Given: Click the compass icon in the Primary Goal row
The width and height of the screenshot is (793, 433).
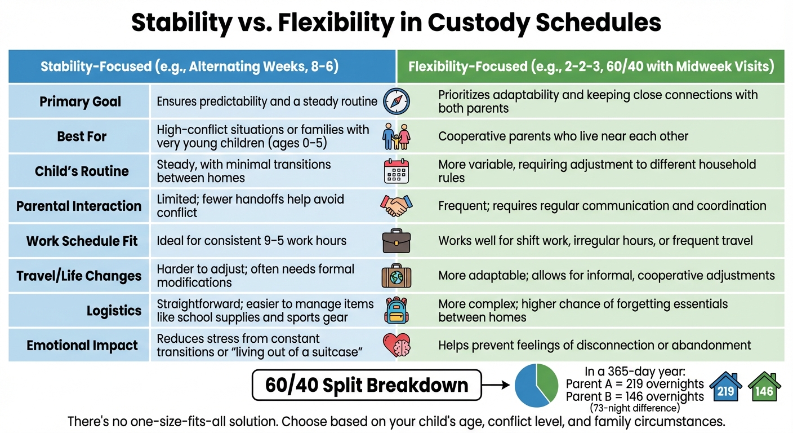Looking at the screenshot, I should coord(396,102).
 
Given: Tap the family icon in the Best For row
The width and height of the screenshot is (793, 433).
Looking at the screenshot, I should coord(396,137).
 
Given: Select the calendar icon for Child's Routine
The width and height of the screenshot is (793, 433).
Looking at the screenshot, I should coord(396,171).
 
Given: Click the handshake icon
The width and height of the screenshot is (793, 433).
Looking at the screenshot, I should coord(396,206).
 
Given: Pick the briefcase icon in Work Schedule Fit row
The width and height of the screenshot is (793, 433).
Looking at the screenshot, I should coord(396,241).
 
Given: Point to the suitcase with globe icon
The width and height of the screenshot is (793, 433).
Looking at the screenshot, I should coord(396,276).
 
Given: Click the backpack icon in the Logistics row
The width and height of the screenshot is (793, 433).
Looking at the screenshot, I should coord(396,311).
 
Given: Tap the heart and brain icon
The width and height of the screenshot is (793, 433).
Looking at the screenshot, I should coord(396,345).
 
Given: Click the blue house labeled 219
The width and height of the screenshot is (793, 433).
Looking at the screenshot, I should coord(725,389).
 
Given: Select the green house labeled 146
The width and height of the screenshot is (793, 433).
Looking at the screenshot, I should coord(764,389).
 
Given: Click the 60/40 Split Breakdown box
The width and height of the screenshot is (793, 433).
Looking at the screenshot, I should coord(367,386).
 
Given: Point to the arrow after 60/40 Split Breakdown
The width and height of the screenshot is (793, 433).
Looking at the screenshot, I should coord(497,386).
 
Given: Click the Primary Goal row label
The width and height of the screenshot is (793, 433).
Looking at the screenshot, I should coord(80,102).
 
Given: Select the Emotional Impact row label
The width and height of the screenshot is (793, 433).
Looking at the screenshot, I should coord(82,346).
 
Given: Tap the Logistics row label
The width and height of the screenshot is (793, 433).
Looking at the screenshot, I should coord(114,311).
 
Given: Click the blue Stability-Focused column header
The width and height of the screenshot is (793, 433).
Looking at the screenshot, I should coord(189,67).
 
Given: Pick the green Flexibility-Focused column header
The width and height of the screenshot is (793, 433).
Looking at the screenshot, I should coord(591,67).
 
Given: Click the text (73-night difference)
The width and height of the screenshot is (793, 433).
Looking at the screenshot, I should coord(635,408).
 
